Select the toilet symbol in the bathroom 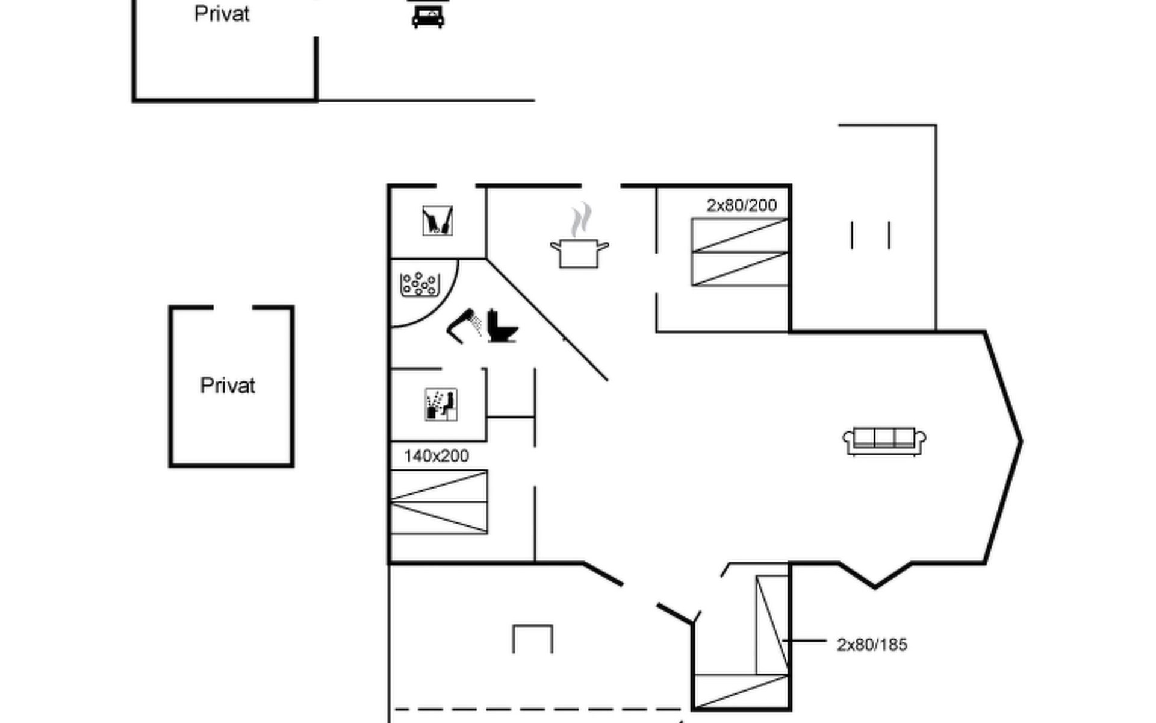[502, 326]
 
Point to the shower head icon [464, 326]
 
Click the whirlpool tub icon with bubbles [419, 284]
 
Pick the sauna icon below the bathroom [441, 404]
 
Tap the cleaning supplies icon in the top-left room [437, 221]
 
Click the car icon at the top [427, 14]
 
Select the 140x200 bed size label [436, 456]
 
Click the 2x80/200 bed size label [742, 205]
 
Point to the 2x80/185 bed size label [872, 645]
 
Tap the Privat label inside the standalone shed [228, 386]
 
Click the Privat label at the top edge [222, 14]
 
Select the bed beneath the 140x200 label [439, 502]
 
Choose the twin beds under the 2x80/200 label [740, 252]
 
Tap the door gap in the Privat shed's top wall [232, 308]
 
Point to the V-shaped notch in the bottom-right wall [875, 585]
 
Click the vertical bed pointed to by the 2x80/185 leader [772, 625]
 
